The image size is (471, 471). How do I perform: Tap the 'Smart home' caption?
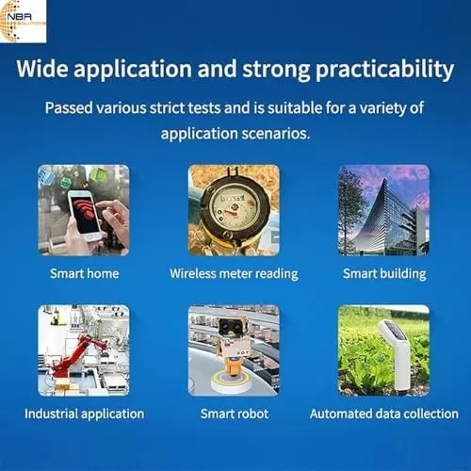tap(83, 274)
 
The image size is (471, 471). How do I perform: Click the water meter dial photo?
tap(233, 209)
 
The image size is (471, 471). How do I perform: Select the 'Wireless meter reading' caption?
tap(234, 274)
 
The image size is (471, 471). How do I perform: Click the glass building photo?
tap(383, 210)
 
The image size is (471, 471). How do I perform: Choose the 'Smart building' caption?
tap(383, 274)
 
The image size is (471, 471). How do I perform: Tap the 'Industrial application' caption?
tap(84, 414)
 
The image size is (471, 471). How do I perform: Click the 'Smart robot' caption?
tap(235, 414)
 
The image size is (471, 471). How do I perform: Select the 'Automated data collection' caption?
tap(384, 414)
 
